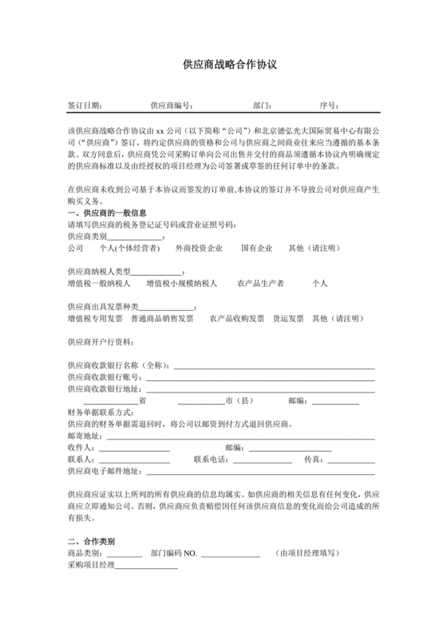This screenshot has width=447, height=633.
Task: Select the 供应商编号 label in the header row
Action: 171,105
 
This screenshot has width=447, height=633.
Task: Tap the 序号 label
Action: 329,105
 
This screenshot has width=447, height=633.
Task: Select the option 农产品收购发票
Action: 237,319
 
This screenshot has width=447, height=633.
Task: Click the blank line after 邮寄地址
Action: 239,436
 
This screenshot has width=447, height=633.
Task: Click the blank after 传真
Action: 350,460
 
